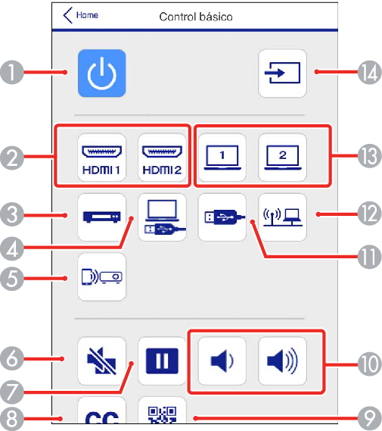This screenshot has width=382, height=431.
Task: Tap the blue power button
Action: [x=102, y=73]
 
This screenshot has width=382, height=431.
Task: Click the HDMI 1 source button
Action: [x=102, y=158]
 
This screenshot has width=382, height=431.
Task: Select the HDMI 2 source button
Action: [x=162, y=158]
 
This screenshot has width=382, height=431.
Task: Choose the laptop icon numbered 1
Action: [x=222, y=158]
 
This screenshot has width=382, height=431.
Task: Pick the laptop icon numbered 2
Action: [x=282, y=158]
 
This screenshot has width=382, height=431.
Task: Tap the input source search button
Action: [x=282, y=73]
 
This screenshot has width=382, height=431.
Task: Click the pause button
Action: [x=162, y=361]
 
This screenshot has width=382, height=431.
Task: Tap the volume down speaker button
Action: [x=222, y=361]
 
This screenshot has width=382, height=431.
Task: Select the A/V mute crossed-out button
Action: [x=102, y=361]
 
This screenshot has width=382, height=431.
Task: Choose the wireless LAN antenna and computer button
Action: [x=282, y=217]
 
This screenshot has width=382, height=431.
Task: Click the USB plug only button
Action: [x=222, y=217]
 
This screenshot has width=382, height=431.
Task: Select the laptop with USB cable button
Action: [x=162, y=217]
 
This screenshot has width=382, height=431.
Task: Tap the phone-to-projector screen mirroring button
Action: [x=102, y=277]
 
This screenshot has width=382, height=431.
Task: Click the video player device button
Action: [x=102, y=217]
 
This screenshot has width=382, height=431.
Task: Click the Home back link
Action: [x=81, y=15]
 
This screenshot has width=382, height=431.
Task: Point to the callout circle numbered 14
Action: [x=370, y=72]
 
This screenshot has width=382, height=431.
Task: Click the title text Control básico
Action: [x=196, y=17]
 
